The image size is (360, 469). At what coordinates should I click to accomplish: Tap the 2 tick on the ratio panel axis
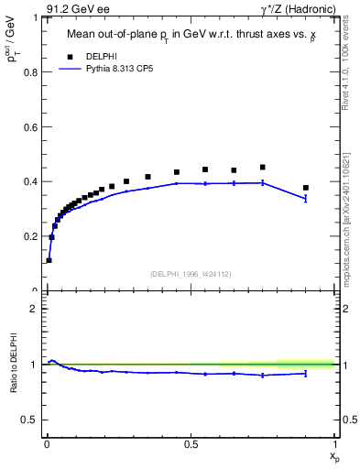[x=37, y=309]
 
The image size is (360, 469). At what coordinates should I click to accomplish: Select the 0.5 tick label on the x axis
[x=191, y=442]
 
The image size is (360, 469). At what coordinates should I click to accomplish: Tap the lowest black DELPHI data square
[x=49, y=260]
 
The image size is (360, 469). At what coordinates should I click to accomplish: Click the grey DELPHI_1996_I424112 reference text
[x=191, y=273]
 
